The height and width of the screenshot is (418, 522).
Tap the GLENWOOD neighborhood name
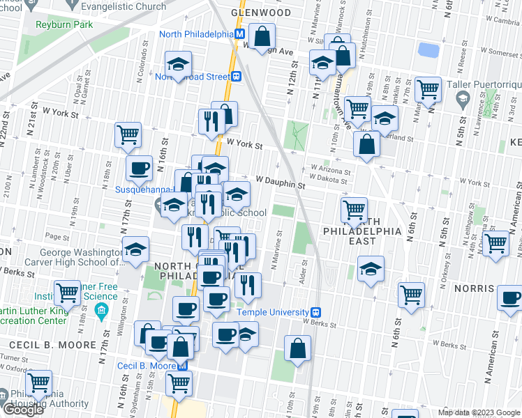pos(262,13)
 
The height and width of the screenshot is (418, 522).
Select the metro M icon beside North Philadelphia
pos(239,34)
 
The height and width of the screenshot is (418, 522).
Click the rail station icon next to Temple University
pos(315,313)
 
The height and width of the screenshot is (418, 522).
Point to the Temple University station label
pos(273,313)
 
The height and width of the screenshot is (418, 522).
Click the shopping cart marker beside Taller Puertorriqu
pos(427,88)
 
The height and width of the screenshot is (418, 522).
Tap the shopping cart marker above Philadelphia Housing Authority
pos(38,382)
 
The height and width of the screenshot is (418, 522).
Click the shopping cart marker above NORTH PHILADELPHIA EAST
pos(354,208)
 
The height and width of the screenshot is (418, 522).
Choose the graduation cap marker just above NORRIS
pos(371,268)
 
